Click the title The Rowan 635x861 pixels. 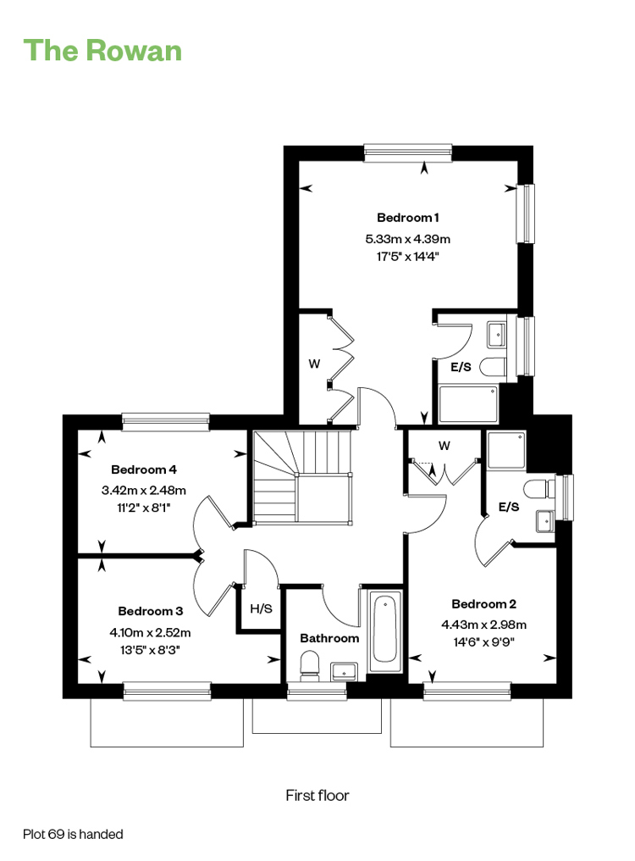(102, 51)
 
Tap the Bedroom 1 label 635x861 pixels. (408, 218)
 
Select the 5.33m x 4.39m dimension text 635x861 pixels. (408, 239)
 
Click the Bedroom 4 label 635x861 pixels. (144, 469)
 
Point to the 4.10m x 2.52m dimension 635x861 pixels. (151, 632)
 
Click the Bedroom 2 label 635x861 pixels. (484, 604)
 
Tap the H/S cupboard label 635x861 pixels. (262, 608)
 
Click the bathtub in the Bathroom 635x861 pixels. (385, 631)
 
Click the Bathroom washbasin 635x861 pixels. (344, 671)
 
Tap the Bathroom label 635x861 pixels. (329, 638)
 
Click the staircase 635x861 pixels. (302, 476)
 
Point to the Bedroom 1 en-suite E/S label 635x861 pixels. (461, 367)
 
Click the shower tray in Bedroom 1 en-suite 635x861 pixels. (468, 405)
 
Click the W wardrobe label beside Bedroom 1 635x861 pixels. (314, 364)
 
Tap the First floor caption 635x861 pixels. (317, 795)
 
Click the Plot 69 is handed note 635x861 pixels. (73, 834)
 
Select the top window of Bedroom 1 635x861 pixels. (408, 153)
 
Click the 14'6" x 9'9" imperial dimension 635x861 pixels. (484, 642)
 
